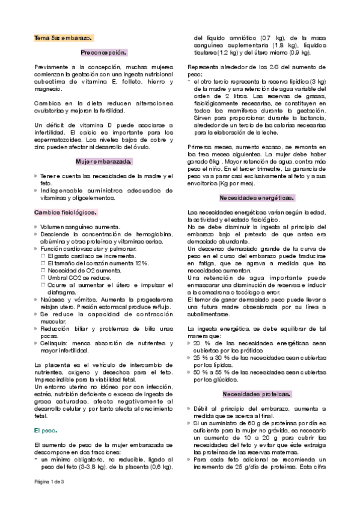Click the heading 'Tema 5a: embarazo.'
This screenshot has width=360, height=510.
(x=63, y=37)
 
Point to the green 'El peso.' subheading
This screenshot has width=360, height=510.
(x=45, y=431)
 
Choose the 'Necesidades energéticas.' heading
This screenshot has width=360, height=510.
(x=257, y=198)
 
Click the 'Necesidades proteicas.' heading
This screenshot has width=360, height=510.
(x=257, y=377)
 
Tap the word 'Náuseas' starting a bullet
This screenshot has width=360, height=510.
(x=53, y=299)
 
